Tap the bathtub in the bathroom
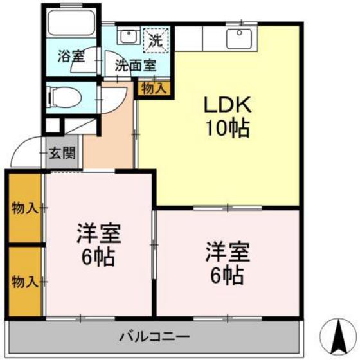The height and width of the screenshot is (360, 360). pos(71,26)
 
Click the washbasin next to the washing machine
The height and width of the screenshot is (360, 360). pos(128,36)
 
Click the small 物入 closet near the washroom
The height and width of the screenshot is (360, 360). pos(152,88)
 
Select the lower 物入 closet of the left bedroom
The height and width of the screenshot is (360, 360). pos(24,281)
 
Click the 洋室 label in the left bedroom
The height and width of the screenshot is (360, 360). pos(96,233)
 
